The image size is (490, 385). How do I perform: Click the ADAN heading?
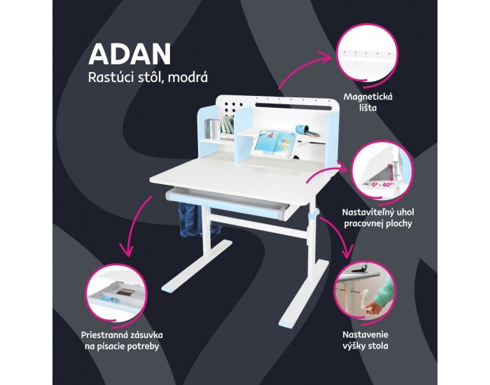pyautogui.click(x=129, y=54)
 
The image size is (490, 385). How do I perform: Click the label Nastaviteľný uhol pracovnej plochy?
pyautogui.click(x=378, y=218)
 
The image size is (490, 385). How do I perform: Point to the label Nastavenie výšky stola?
pyautogui.click(x=365, y=340)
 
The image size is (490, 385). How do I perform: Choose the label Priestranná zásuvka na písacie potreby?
pyautogui.click(x=122, y=340)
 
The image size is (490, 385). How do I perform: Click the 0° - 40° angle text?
pyautogui.click(x=382, y=185)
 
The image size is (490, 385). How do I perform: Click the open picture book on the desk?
pyautogui.click(x=274, y=143)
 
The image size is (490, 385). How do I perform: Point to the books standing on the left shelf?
pyautogui.click(x=219, y=127)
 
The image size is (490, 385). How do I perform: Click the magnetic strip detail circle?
pyautogui.click(x=367, y=56)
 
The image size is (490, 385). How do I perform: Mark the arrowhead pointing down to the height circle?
pyautogui.click(x=346, y=253)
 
